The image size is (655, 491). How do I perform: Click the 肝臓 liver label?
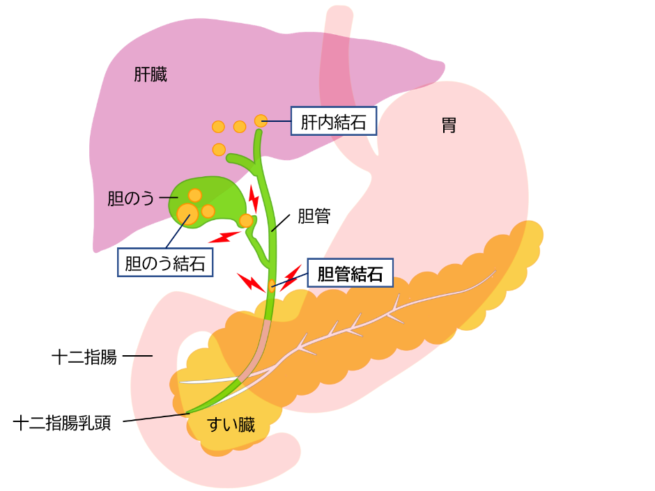pos(151,75)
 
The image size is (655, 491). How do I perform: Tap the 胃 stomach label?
pos(449,125)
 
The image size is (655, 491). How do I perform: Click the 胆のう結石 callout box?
pos(164,263)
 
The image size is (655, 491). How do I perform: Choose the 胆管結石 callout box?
pos(350,273)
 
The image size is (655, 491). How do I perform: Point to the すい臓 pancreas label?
pos(232,424)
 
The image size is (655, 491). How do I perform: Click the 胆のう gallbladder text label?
pos(130,198)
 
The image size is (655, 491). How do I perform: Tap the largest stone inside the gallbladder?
pos(187,212)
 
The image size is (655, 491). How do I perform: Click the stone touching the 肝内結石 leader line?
pos(261,120)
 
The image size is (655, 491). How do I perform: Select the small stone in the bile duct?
pos(272,284)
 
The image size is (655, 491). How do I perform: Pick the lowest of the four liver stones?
pos(219,149)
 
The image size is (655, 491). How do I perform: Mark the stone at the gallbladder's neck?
pos(246,221)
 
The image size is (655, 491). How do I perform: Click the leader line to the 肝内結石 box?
pos(278,122)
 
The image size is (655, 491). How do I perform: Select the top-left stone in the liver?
pos(218,127)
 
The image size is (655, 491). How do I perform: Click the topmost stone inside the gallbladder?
pos(194,195)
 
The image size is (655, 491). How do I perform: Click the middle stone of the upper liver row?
pos(240,127)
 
